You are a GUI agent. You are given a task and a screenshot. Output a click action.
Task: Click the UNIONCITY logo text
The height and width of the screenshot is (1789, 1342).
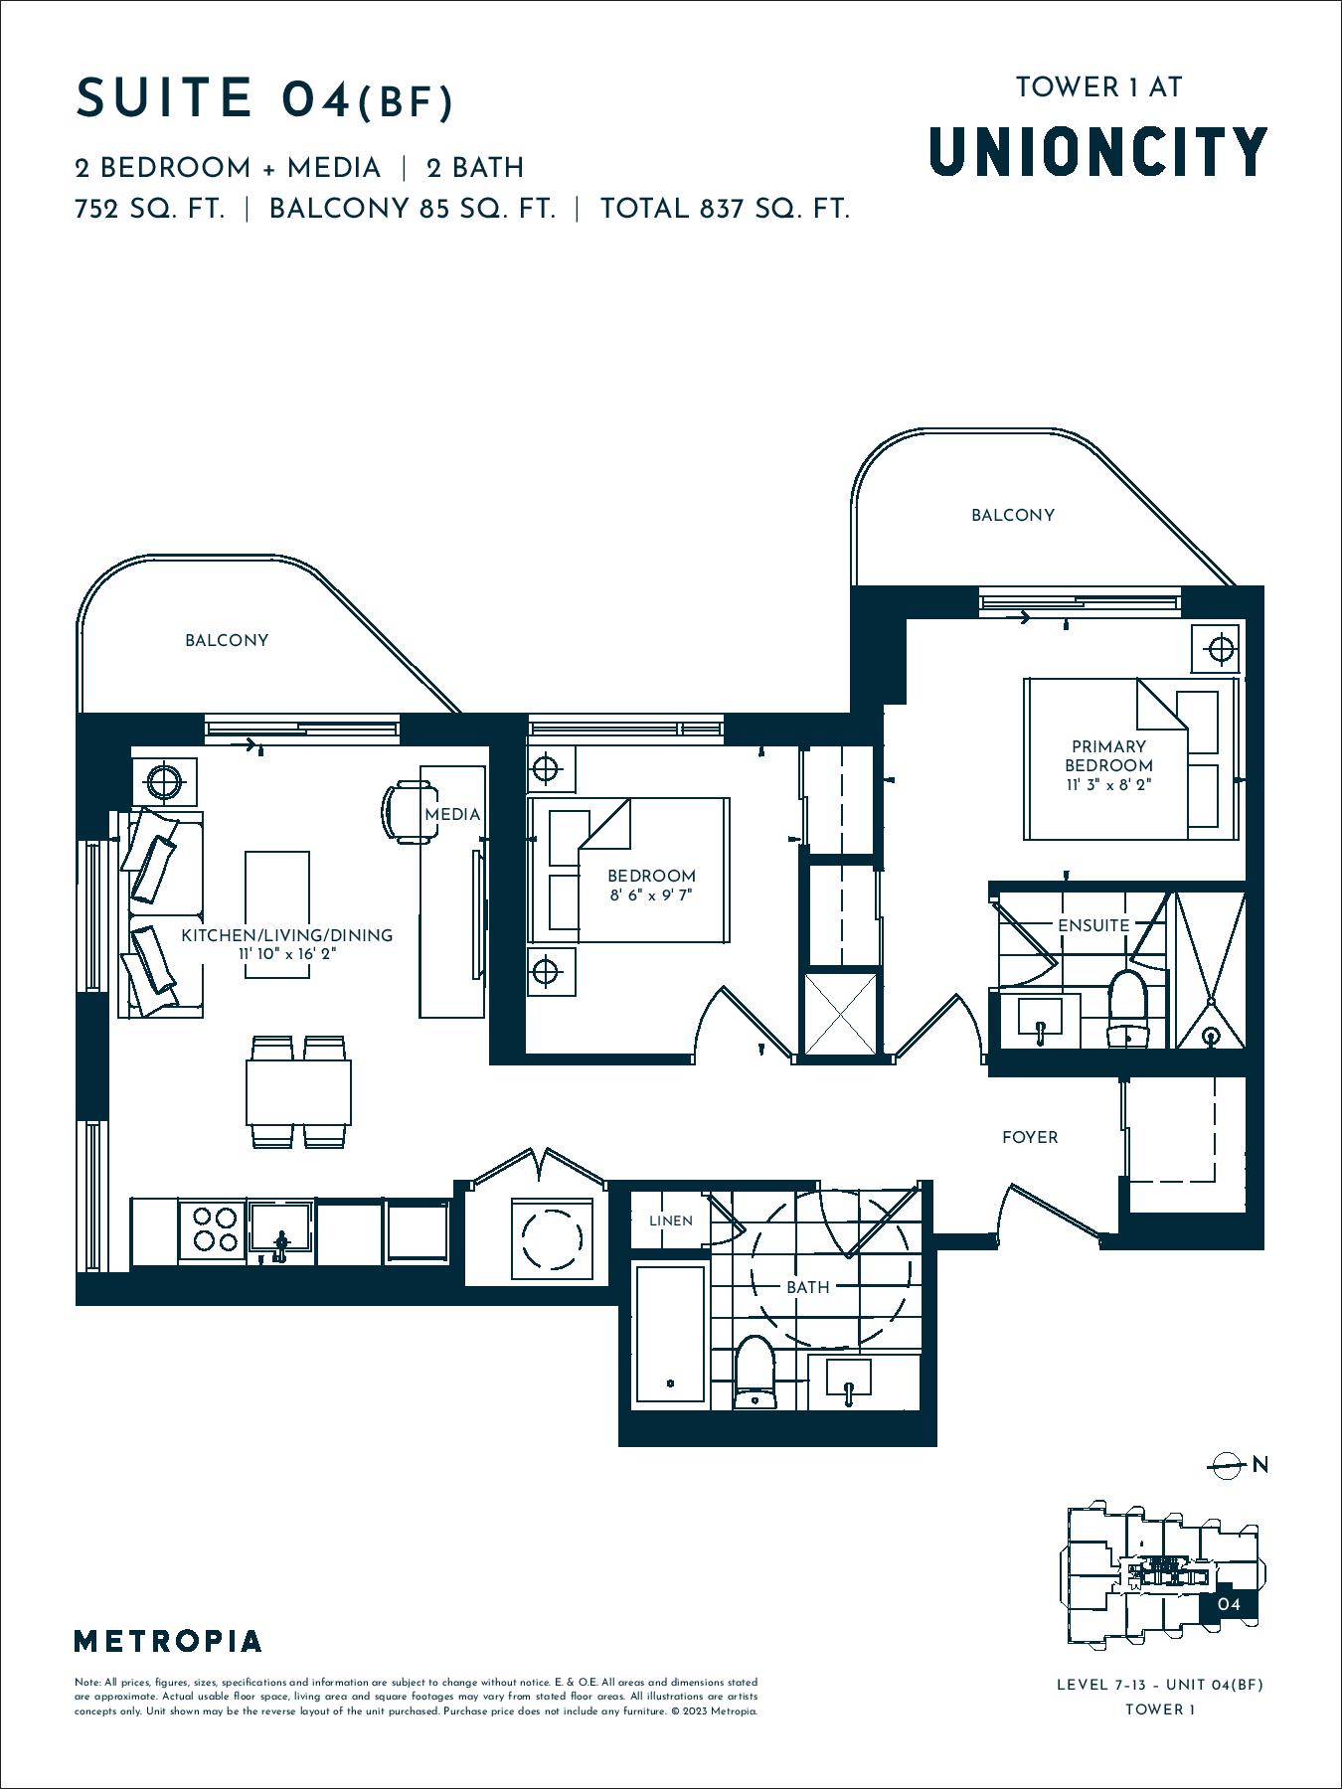coord(1097,151)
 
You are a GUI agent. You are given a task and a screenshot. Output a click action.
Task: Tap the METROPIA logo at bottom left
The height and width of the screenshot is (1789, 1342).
coord(168,1641)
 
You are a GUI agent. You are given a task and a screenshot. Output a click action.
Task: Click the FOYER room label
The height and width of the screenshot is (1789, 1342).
coord(1030,1137)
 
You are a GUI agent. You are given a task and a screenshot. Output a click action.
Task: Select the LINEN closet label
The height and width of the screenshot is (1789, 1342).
coord(671,1220)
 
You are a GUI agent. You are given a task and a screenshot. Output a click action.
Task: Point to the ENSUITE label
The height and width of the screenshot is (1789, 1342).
coord(1093,925)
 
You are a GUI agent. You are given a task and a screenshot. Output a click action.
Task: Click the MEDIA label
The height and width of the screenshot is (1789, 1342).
coord(452,814)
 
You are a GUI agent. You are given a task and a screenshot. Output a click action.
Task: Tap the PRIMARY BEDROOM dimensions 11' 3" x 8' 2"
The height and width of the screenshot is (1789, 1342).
coord(1108,785)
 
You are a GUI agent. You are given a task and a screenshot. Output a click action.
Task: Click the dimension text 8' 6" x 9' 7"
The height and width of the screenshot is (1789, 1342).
coord(651,894)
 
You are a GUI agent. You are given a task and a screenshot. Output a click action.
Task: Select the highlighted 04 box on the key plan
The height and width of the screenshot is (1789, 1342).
coord(1229,1603)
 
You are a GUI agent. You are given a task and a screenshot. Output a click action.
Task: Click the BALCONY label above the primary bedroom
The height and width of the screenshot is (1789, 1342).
coord(1013,515)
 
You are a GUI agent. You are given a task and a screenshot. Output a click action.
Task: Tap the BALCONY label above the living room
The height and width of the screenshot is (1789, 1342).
coord(227,640)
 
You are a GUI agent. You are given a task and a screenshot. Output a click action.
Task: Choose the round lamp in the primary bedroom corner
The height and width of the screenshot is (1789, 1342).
coord(1221,650)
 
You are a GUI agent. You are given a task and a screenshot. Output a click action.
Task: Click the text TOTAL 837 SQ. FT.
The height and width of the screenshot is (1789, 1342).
coord(725,209)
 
